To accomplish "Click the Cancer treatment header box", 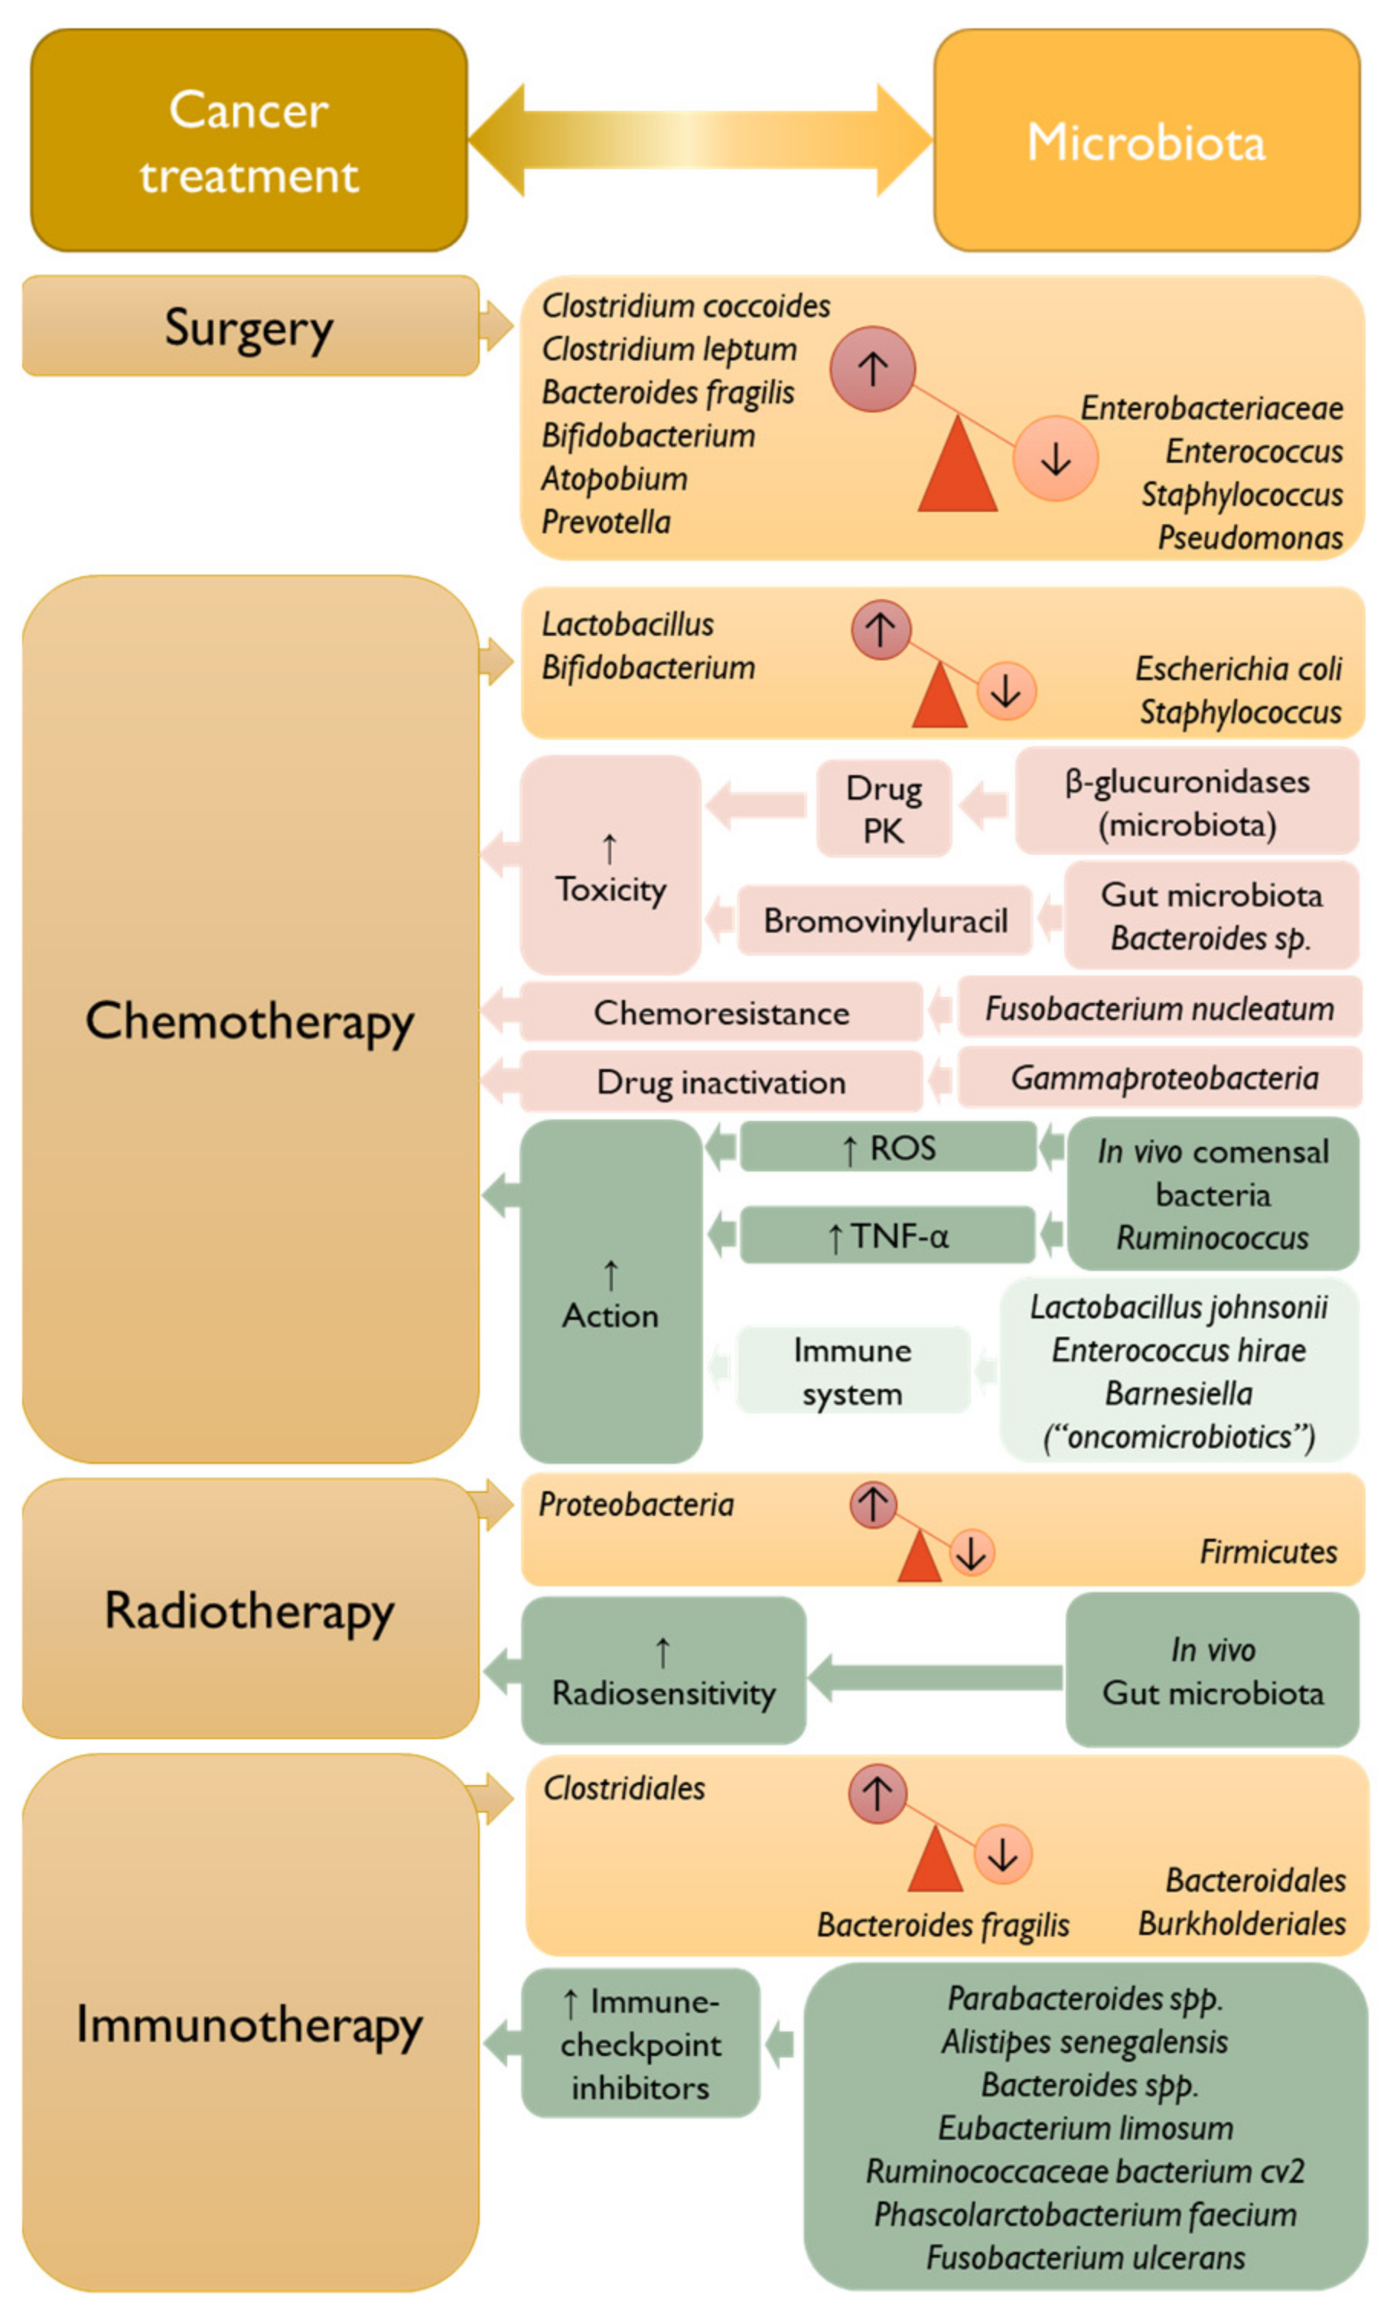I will click(x=249, y=141).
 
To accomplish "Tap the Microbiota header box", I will click(x=1146, y=141).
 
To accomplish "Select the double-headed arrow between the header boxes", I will click(x=699, y=140).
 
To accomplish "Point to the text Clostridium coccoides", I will click(x=685, y=305).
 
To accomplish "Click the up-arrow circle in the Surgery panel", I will click(x=872, y=369).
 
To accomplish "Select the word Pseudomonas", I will click(x=1250, y=537).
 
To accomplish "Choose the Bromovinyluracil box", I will click(x=885, y=920).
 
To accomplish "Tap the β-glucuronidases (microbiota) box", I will click(x=1186, y=803).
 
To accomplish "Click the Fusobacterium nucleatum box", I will click(x=1159, y=1008).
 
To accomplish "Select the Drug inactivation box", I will click(x=721, y=1082).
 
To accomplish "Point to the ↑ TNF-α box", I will click(x=887, y=1236).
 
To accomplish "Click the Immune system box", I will click(x=852, y=1370).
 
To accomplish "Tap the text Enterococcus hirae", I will click(x=1178, y=1350).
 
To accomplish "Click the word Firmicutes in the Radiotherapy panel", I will click(x=1268, y=1552).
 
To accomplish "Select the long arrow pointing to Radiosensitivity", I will click(x=935, y=1677).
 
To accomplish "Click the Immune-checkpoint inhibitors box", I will click(x=640, y=2044).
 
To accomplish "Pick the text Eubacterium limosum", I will click(x=1085, y=2128).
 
